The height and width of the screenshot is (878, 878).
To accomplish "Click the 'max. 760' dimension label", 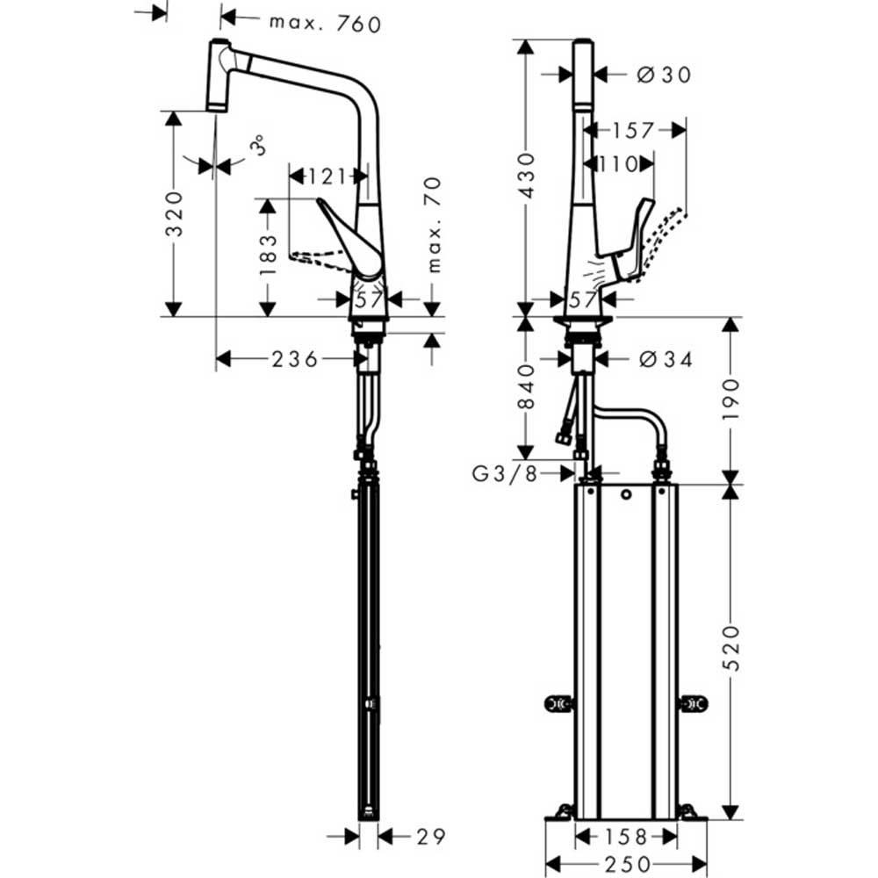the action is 326,24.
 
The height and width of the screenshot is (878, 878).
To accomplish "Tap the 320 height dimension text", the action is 176,214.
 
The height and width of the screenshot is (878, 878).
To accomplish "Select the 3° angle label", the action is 257,146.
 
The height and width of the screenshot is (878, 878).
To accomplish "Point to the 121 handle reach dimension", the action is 327,177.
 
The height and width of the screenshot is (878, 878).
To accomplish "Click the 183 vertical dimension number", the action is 269,255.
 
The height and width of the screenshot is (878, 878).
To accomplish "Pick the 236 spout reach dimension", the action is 295,359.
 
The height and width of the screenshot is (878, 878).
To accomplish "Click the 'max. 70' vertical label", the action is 434,225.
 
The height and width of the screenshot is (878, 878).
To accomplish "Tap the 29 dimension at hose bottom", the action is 431,837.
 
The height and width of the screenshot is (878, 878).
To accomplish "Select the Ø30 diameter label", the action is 665,75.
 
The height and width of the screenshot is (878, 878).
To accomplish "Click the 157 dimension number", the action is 633,131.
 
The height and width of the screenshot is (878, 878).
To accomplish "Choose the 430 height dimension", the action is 527,176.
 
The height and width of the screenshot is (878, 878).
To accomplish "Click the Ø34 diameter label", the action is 666,359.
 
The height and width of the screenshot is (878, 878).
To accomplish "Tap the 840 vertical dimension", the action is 527,386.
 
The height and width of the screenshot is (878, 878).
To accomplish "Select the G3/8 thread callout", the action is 505,474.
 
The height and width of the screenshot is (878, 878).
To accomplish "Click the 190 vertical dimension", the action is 730,399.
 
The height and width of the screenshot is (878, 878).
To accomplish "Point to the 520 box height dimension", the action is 730,648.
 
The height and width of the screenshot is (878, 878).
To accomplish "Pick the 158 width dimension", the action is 626,837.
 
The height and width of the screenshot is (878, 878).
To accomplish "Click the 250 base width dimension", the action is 627,864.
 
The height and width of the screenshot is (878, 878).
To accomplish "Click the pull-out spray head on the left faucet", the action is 219,75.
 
